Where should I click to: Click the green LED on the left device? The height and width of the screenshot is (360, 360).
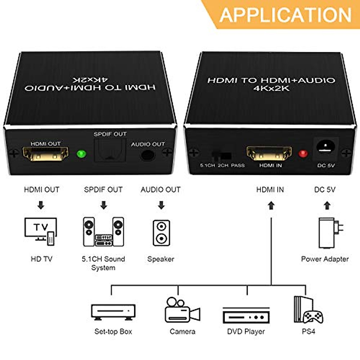click(81, 154)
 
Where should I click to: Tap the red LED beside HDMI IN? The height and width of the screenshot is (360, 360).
click(303, 154)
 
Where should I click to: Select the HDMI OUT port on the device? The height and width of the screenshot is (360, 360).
click(46, 154)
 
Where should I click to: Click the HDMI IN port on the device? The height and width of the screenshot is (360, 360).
click(269, 153)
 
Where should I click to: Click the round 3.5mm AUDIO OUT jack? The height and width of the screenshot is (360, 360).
click(148, 155)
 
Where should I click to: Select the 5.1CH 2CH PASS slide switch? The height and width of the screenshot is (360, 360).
click(222, 156)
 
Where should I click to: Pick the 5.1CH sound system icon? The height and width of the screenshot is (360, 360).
click(103, 232)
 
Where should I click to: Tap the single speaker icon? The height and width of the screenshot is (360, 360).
click(161, 233)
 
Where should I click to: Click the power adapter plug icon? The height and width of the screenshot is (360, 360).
click(330, 233)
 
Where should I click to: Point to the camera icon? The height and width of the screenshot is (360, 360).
click(182, 310)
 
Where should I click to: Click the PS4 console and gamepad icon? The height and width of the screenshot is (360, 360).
click(308, 310)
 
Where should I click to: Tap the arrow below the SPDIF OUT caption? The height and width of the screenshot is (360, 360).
click(103, 205)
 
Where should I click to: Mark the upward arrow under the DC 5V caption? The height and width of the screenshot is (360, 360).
click(327, 205)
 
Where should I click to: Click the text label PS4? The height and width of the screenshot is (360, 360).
click(308, 331)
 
